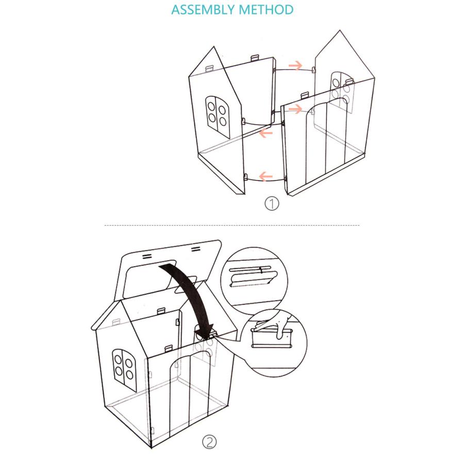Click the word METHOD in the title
(266, 9)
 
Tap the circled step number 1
(271, 204)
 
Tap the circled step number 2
(209, 442)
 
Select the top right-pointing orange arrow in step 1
(295, 65)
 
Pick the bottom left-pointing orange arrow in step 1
(266, 177)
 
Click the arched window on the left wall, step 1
(218, 117)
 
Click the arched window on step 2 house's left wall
(124, 370)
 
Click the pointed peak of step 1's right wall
(340, 30)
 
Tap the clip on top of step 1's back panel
(255, 58)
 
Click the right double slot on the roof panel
(195, 249)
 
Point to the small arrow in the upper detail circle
(261, 270)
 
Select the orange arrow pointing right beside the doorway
(295, 109)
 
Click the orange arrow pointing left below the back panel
(266, 132)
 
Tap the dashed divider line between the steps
(232, 225)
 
